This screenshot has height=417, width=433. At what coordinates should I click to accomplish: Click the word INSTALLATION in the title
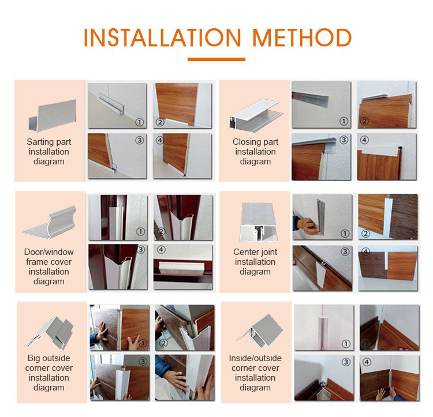(x=162, y=37)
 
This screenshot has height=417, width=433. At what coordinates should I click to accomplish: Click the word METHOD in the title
(x=302, y=37)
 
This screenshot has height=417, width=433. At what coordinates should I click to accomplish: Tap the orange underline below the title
(x=216, y=59)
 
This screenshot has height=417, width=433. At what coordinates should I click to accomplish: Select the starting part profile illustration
(x=52, y=115)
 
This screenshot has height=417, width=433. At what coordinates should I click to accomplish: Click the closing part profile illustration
(x=256, y=115)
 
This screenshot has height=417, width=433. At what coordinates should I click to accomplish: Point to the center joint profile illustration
(x=259, y=222)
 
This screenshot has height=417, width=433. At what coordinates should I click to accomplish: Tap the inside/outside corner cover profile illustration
(x=259, y=331)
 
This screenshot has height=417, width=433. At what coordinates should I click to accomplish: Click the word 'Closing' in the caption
(x=244, y=142)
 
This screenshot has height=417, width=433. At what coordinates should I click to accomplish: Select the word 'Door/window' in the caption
(x=49, y=252)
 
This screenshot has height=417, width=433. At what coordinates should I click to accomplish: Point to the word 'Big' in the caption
(x=33, y=358)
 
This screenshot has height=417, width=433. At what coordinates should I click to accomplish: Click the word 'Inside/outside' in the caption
(x=255, y=358)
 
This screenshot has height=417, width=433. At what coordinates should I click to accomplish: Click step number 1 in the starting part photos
(x=140, y=122)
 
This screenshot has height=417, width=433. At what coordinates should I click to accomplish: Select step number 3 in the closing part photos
(x=344, y=140)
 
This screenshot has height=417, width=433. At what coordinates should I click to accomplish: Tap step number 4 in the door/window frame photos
(x=161, y=250)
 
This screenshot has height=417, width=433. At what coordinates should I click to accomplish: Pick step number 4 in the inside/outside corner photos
(x=367, y=362)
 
